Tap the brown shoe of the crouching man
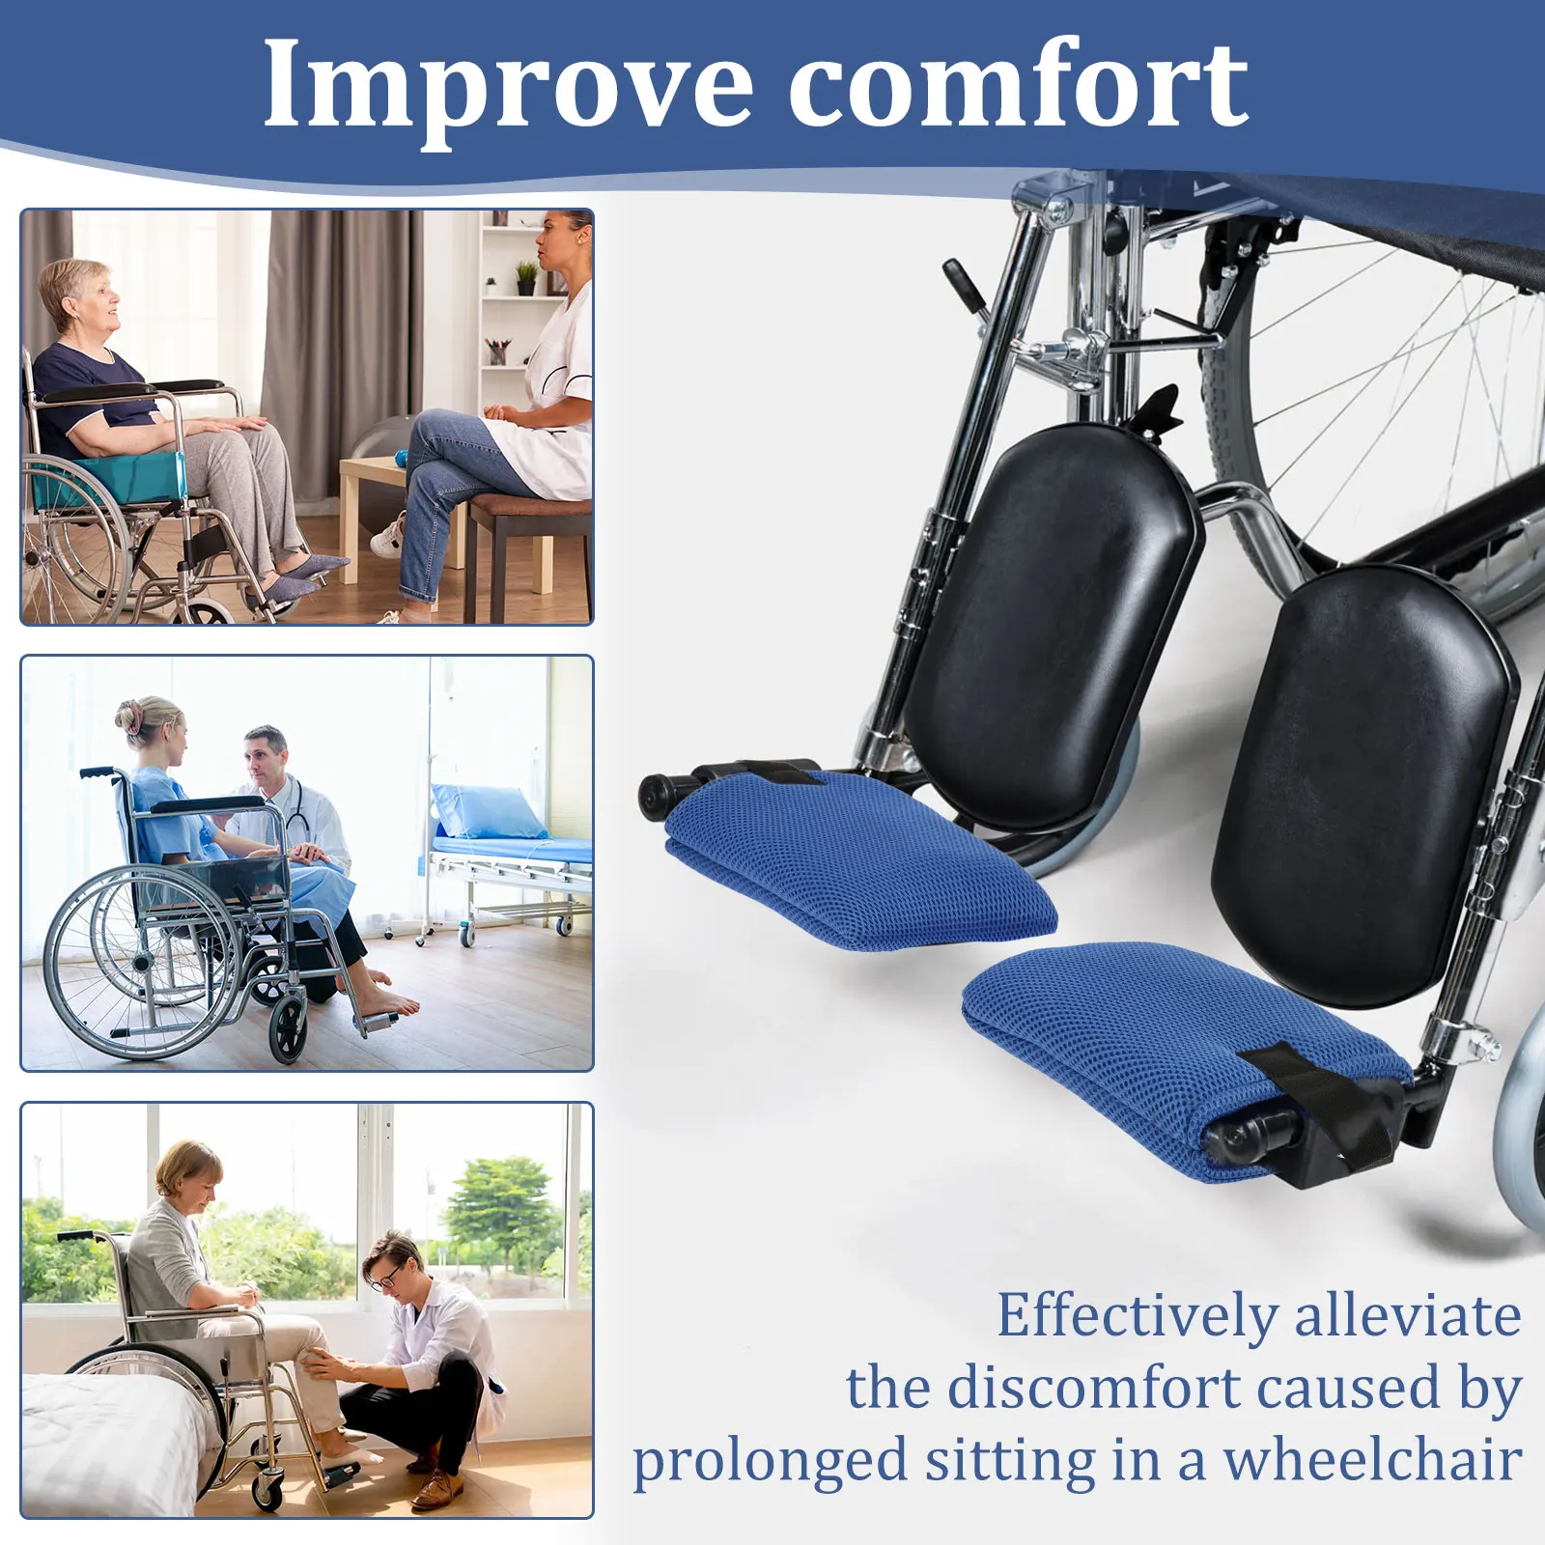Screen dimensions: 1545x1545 tap(432, 1491)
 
